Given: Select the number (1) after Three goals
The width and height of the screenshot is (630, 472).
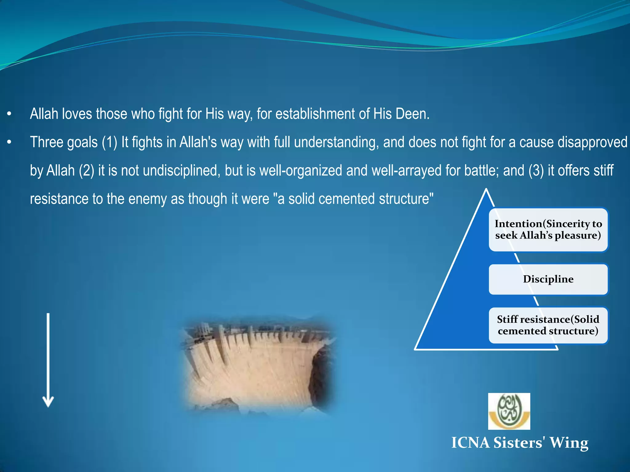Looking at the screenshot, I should pos(110,143).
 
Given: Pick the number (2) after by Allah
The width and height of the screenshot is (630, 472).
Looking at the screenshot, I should pos(86,171).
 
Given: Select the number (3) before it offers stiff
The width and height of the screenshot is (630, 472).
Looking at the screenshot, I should pos(536,171).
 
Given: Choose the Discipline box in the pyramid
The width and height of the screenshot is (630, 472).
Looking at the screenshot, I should pos(548,279).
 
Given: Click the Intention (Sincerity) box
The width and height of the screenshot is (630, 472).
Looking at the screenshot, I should pos(548,230).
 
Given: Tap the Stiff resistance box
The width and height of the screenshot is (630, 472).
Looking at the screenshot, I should pos(548,325).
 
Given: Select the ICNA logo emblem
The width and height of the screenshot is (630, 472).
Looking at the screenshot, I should pos(509,411).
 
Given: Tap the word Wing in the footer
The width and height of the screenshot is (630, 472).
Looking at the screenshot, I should pos(569,443).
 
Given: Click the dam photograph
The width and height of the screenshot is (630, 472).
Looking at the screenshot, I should pos(258,366).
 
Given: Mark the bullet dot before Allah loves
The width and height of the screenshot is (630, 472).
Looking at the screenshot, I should pos(9,114).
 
